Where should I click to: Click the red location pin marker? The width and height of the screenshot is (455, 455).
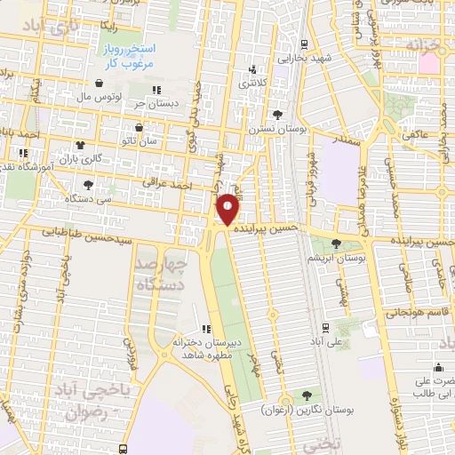228,209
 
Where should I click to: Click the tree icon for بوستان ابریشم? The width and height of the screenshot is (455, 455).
336,243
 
